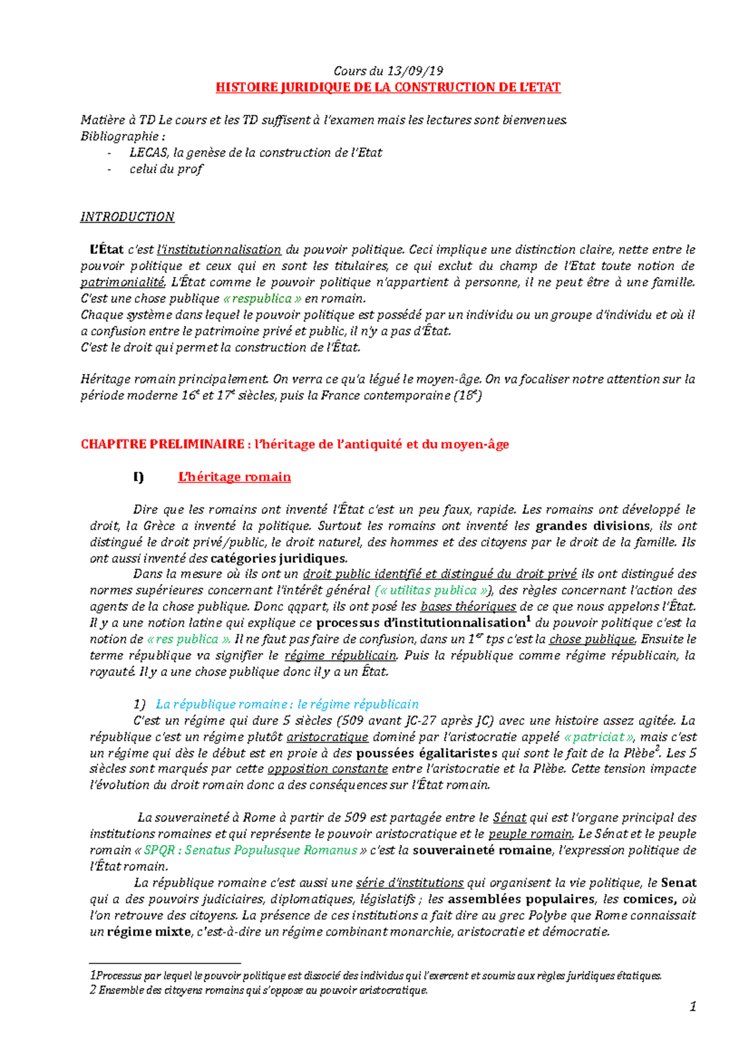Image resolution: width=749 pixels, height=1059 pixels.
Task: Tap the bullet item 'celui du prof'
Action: click(166, 169)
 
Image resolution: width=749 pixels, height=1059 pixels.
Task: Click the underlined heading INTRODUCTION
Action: click(127, 217)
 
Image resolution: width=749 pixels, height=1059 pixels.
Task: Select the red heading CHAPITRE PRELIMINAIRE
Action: click(162, 445)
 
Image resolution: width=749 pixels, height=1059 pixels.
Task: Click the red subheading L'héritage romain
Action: click(234, 477)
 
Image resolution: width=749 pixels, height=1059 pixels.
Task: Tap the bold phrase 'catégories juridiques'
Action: click(278, 558)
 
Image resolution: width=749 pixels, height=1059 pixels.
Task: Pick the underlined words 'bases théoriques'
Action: click(468, 607)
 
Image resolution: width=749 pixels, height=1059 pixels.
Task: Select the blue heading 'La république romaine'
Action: click(287, 705)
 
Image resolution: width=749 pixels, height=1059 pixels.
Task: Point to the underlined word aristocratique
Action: click(328, 737)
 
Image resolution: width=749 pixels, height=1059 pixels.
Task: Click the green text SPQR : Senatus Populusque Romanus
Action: click(250, 851)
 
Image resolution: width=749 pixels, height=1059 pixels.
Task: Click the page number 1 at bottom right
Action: click(692, 1007)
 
